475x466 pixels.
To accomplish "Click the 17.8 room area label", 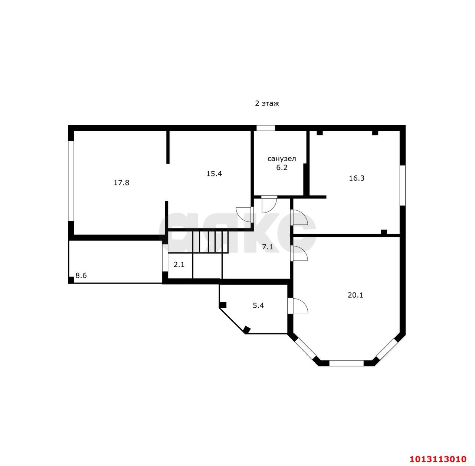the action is [121, 182].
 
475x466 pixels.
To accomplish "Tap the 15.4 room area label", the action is [214, 174].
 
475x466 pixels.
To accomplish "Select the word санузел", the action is [282, 159].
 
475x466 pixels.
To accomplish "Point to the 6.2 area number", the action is [282, 168].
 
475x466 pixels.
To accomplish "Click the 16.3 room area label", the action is [356, 178].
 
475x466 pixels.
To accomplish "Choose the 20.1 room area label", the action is [355, 295].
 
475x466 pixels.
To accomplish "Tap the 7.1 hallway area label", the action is [268, 247].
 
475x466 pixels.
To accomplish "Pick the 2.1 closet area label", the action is [179, 265].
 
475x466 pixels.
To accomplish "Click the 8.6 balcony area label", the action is [81, 275].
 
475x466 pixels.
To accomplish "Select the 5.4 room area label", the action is [258, 305].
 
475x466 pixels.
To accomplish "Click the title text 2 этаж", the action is [267, 103].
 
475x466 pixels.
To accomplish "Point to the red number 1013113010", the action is [438, 459].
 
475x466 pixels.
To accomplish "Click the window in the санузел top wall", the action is [265, 128].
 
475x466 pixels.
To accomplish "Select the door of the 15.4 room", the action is [245, 214].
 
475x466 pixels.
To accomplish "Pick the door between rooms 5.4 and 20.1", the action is [298, 305].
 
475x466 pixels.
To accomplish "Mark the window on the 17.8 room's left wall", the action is [71, 181].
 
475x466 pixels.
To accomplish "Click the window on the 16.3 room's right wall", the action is [403, 185].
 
